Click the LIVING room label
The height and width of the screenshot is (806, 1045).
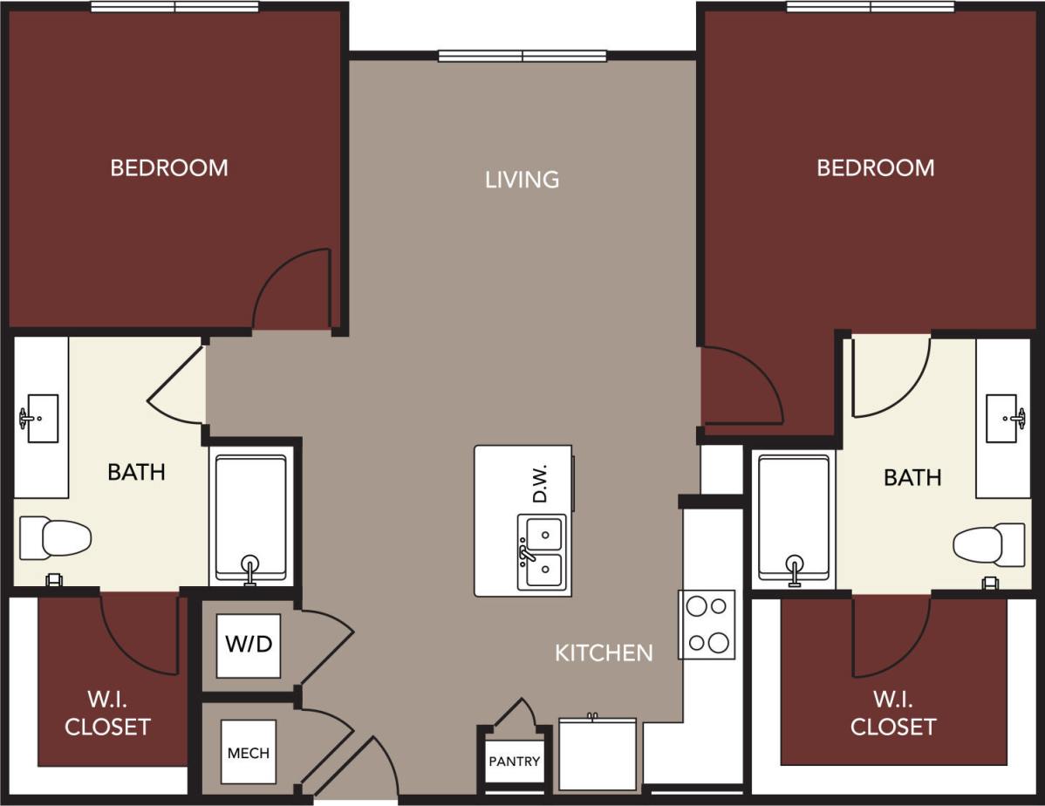coord(522,180)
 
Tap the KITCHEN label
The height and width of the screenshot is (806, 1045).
coord(604,652)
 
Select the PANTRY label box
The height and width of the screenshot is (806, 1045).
coord(514,762)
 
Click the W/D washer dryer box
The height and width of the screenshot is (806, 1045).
coord(249,645)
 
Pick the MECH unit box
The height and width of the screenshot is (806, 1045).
coord(249,752)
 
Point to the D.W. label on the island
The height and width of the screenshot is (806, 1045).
coord(540,482)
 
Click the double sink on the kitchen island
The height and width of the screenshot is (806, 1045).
coord(541,552)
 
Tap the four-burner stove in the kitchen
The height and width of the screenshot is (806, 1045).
coord(707,625)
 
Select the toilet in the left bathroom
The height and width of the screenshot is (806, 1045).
coord(55,538)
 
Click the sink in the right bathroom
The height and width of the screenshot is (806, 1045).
coord(1003,419)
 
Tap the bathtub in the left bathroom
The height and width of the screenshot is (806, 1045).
coord(251,518)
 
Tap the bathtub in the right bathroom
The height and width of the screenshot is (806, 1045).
coord(794,518)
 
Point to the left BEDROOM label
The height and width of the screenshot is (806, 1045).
coord(169,167)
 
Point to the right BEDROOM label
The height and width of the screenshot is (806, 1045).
coord(875,167)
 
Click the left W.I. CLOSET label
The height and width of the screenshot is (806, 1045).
coord(107,714)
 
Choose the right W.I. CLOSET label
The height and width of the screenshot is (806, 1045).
coord(893,714)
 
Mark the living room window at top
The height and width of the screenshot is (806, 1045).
coord(522,57)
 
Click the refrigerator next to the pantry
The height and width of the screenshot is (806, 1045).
coord(597,754)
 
